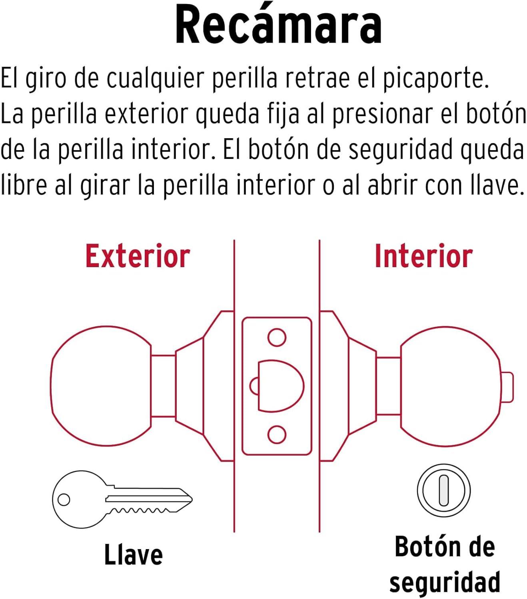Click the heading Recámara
click(x=278, y=25)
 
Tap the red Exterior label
click(x=138, y=256)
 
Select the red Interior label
click(x=424, y=256)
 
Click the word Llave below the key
click(x=134, y=555)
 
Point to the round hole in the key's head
click(x=64, y=500)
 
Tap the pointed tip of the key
click(x=192, y=499)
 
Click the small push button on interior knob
click(x=507, y=387)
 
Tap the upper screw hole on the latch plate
click(x=277, y=337)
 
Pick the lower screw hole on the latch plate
click(x=277, y=434)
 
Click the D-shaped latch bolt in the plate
click(x=281, y=386)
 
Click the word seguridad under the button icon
click(x=445, y=583)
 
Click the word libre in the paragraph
click(x=24, y=185)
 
